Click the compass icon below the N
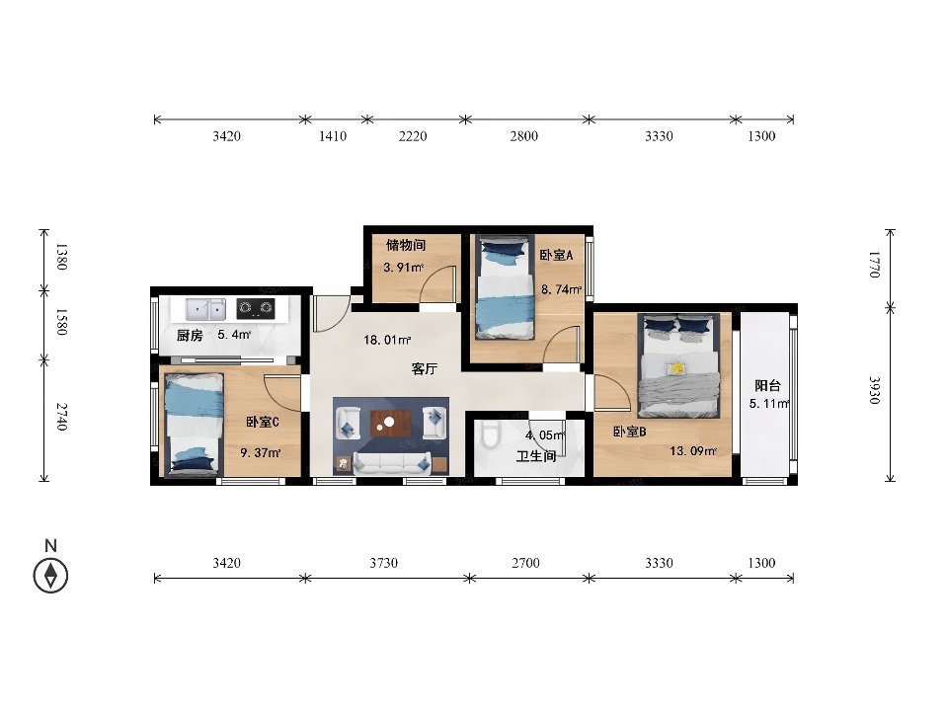click(x=50, y=575)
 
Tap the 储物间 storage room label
click(x=406, y=245)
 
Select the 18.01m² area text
click(x=387, y=340)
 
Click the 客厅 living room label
click(x=425, y=368)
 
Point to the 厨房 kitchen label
click(x=190, y=336)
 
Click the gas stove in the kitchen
click(x=256, y=308)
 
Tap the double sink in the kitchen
click(x=205, y=309)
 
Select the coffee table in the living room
click(x=391, y=424)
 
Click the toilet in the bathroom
click(x=491, y=434)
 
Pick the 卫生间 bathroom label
click(x=536, y=456)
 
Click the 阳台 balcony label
click(x=768, y=385)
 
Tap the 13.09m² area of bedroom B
click(x=693, y=450)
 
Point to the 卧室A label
click(x=556, y=255)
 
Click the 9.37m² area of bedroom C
click(x=261, y=452)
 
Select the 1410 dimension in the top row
click(x=333, y=136)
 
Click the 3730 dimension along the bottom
click(x=384, y=563)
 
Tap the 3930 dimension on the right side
click(x=875, y=390)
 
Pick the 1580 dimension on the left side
click(x=61, y=322)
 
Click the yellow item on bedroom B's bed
click(x=676, y=367)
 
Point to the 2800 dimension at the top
click(x=523, y=136)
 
